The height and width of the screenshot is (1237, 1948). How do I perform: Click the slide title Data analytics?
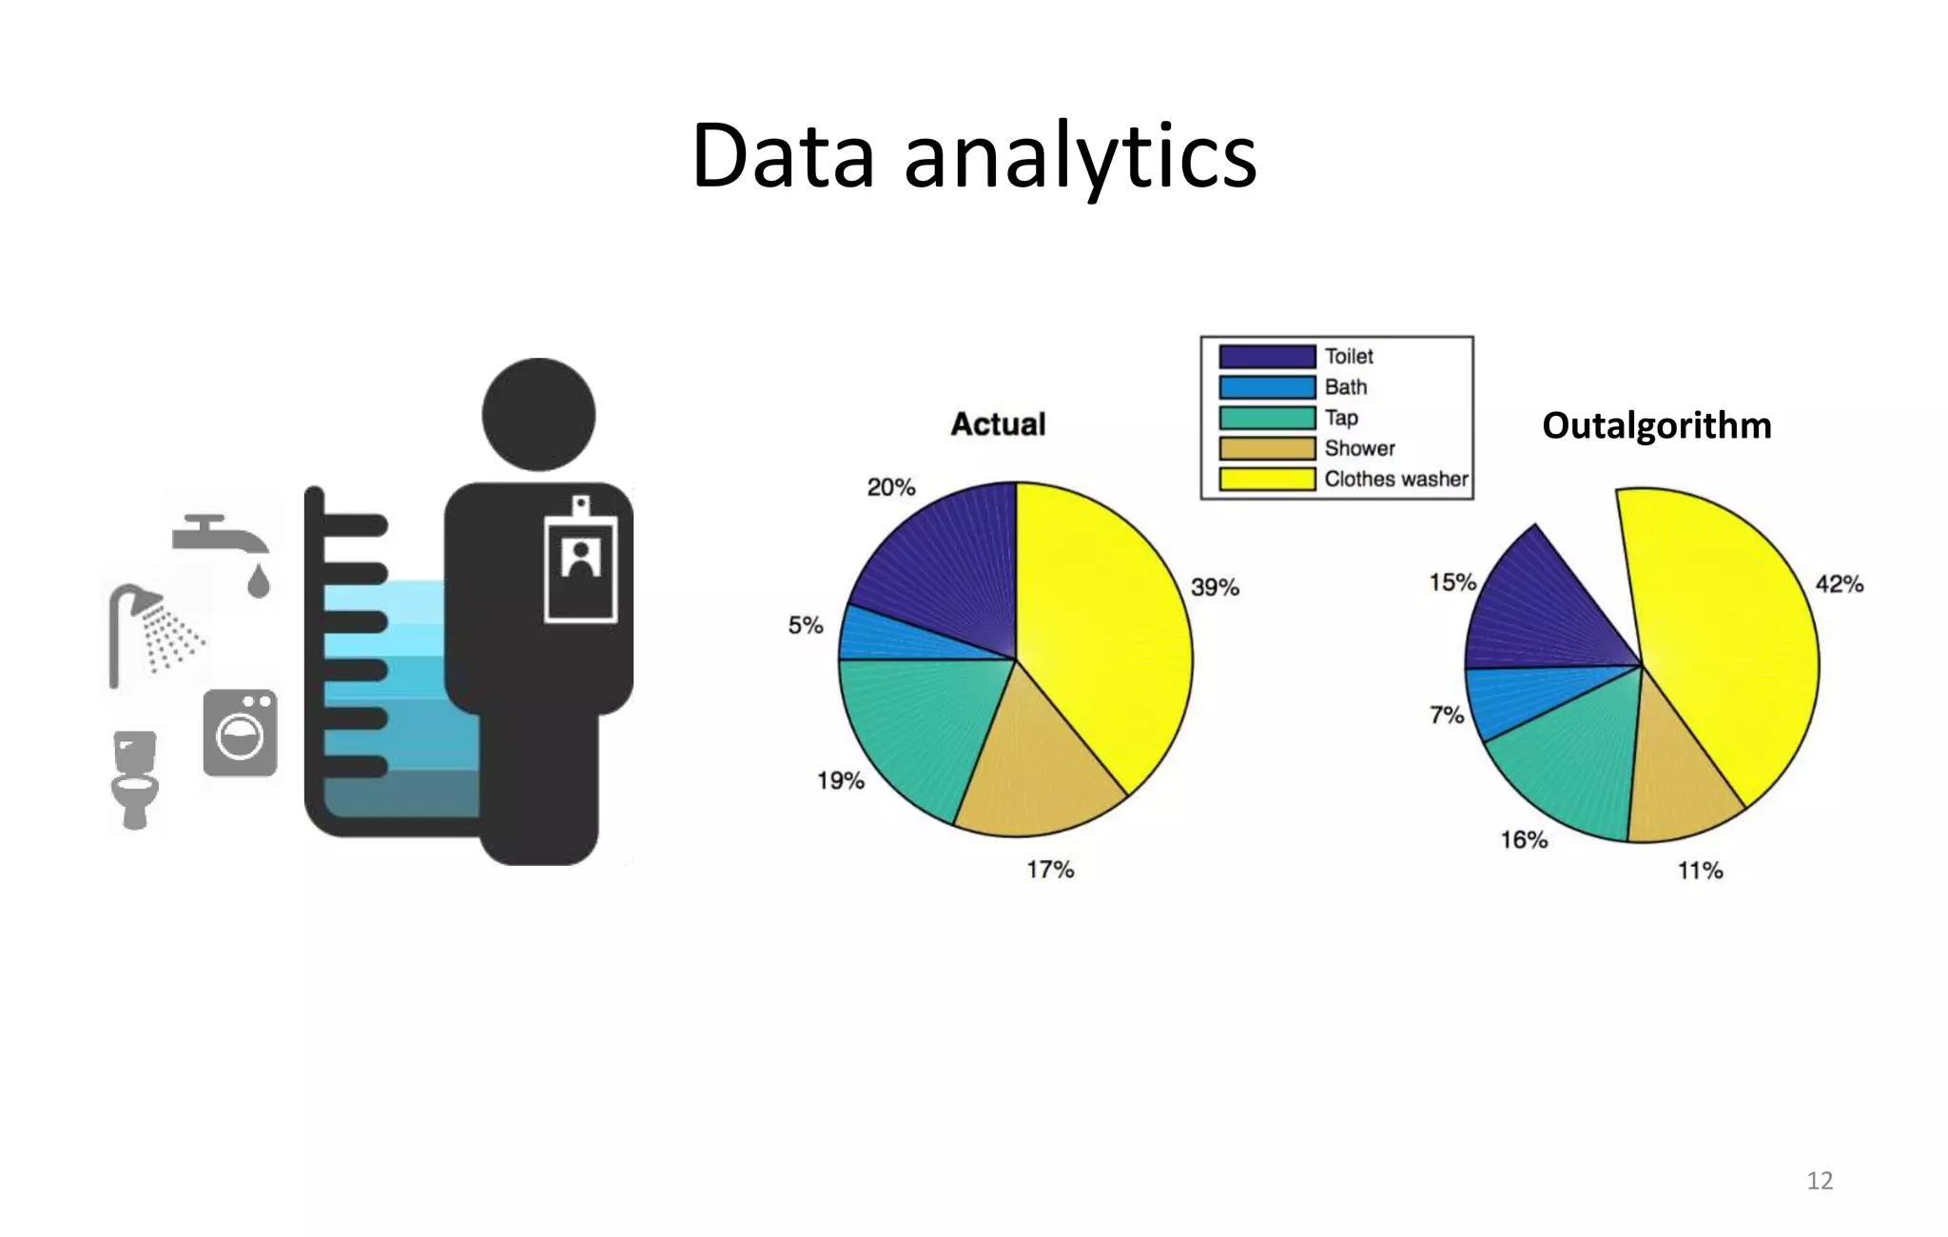(x=974, y=156)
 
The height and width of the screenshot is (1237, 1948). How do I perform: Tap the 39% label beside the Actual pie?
(x=1215, y=587)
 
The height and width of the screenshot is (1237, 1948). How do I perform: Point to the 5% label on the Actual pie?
(x=805, y=625)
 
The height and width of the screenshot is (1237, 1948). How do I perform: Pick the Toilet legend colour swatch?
(x=1267, y=357)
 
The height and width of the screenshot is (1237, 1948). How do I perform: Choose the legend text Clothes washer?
(x=1395, y=479)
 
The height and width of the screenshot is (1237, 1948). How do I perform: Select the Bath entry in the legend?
(x=1345, y=387)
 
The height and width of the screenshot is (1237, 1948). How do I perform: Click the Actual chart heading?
(x=998, y=424)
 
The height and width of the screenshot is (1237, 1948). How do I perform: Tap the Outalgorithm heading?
(x=1656, y=425)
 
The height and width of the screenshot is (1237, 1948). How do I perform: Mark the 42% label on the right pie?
(x=1839, y=584)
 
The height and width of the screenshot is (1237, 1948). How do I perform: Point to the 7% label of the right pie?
(x=1446, y=714)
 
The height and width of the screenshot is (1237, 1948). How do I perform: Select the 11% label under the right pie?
(x=1700, y=871)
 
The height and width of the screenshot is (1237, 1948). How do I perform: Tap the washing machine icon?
(x=240, y=733)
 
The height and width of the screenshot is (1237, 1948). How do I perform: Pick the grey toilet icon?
(x=134, y=777)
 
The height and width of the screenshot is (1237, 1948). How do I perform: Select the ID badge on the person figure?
(x=580, y=561)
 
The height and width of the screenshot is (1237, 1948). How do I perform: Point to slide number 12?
(x=1819, y=1181)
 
